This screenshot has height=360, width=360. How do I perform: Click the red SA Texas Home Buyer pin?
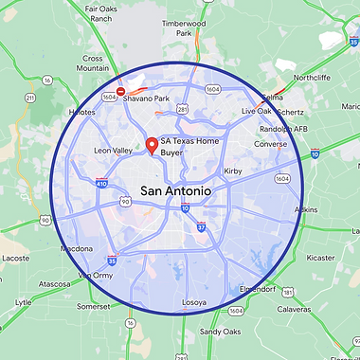point(151,147)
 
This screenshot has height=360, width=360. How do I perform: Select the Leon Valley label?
point(115,151)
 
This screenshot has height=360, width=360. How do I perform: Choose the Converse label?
point(270,145)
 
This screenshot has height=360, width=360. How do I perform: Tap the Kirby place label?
point(232,171)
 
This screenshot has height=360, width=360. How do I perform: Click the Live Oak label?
point(256,112)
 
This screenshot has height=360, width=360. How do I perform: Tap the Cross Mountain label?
point(93,63)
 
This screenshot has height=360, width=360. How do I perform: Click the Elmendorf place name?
point(259,289)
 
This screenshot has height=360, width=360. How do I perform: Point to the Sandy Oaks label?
point(220,332)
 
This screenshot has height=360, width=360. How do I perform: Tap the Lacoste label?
point(15,257)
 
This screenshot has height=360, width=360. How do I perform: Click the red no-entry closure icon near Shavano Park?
point(120,92)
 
